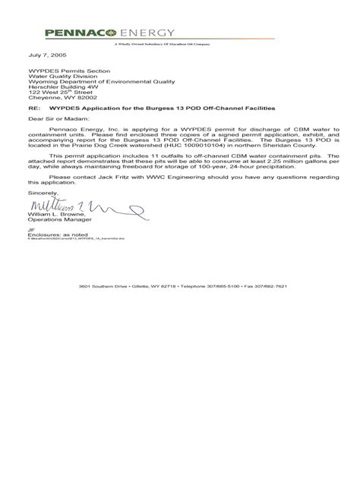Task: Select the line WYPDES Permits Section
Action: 60,71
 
